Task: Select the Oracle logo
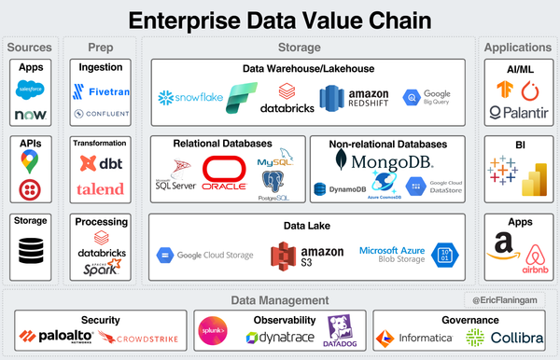pos(227,173)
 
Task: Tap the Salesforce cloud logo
pos(31,90)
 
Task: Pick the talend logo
pos(98,188)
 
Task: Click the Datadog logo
pos(340,333)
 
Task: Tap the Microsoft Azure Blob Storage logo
pos(405,255)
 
